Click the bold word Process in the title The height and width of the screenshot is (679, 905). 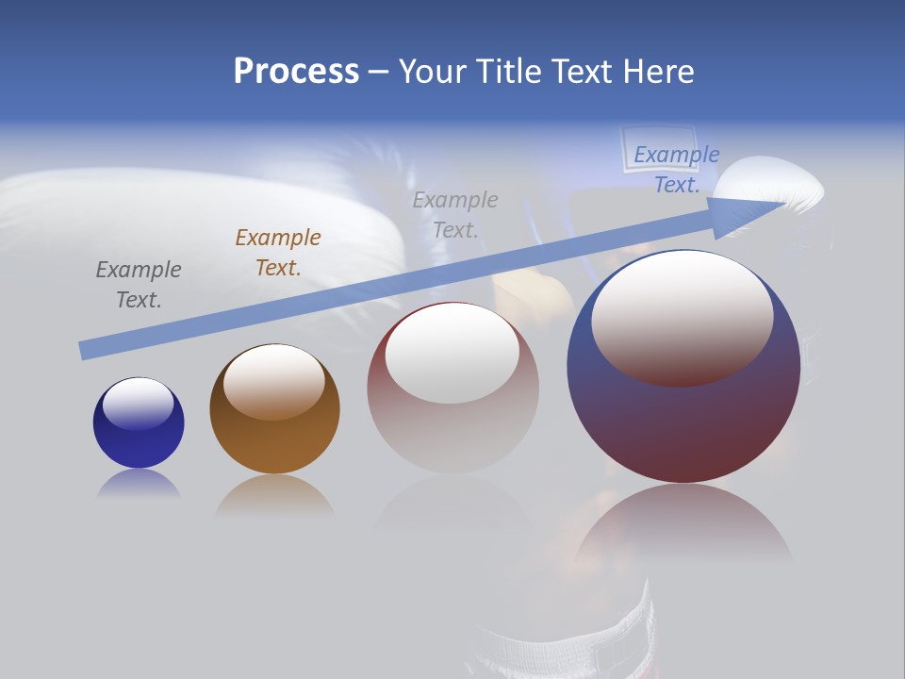coord(296,72)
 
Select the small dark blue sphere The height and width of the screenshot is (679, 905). coord(139,422)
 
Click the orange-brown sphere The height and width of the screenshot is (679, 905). coord(274,408)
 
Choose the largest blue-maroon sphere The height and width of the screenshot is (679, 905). coord(683,368)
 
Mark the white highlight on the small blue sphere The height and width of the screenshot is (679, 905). coord(139,403)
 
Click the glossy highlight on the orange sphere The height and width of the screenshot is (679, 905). coord(274,380)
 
